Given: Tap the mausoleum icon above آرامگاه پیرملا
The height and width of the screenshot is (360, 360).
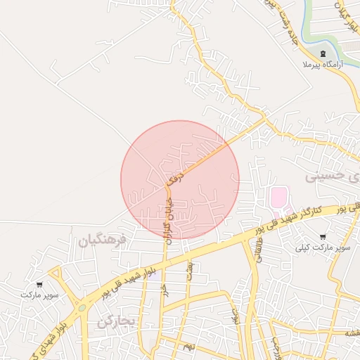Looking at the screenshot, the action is (323, 54).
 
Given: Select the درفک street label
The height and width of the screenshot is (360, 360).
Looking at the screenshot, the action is (177, 172).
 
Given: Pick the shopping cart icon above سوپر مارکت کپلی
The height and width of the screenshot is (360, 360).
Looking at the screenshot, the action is (322, 238).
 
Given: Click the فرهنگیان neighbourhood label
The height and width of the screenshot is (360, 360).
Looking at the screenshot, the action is (102, 240).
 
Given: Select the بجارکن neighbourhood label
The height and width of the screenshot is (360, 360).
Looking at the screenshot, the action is (115, 322).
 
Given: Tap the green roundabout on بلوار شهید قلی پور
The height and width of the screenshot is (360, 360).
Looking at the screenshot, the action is (82, 307).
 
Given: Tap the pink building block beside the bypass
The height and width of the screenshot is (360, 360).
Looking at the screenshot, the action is (279, 196).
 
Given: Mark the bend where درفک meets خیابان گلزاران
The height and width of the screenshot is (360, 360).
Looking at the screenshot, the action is (167, 186).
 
